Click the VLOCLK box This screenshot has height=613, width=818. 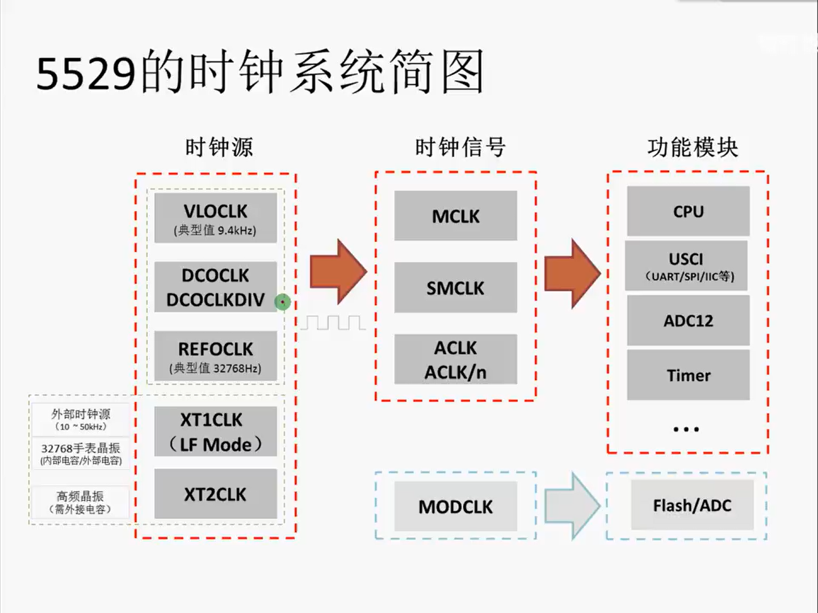tap(216, 218)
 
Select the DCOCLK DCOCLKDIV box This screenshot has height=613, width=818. tap(216, 287)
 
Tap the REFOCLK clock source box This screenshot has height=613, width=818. tap(216, 356)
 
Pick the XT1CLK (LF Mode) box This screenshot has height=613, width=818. tap(216, 431)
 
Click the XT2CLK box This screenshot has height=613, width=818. tap(216, 494)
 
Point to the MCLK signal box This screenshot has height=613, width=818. tap(456, 216)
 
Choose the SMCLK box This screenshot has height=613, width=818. tap(456, 288)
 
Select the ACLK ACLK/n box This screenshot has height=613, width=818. tap(456, 359)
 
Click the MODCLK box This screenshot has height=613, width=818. tap(456, 506)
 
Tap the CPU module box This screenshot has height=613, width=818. tap(688, 211)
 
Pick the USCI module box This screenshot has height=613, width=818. tap(686, 266)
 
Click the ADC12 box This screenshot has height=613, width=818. tap(688, 321)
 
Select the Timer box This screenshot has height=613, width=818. tap(688, 375)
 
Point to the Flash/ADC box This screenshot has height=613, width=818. tap(692, 505)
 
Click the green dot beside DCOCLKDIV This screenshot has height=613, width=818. tap(283, 302)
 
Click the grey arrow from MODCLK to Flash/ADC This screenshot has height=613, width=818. tap(571, 505)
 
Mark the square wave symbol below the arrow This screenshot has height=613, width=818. tap(333, 323)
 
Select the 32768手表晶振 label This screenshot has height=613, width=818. tap(81, 448)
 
